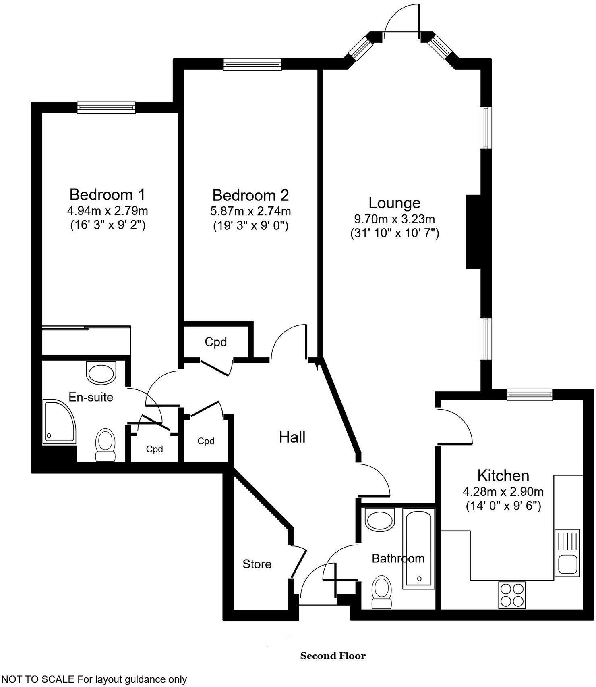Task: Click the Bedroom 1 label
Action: point(107,195)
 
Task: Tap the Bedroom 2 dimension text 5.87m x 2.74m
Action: point(250,211)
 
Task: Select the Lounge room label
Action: point(394,203)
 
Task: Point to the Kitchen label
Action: point(503,476)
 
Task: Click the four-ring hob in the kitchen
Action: point(511,595)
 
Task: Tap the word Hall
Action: point(292,437)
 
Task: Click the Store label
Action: point(257,564)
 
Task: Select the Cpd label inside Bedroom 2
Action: point(216,342)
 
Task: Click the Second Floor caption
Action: point(333,656)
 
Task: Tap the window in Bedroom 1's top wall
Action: point(106,107)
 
